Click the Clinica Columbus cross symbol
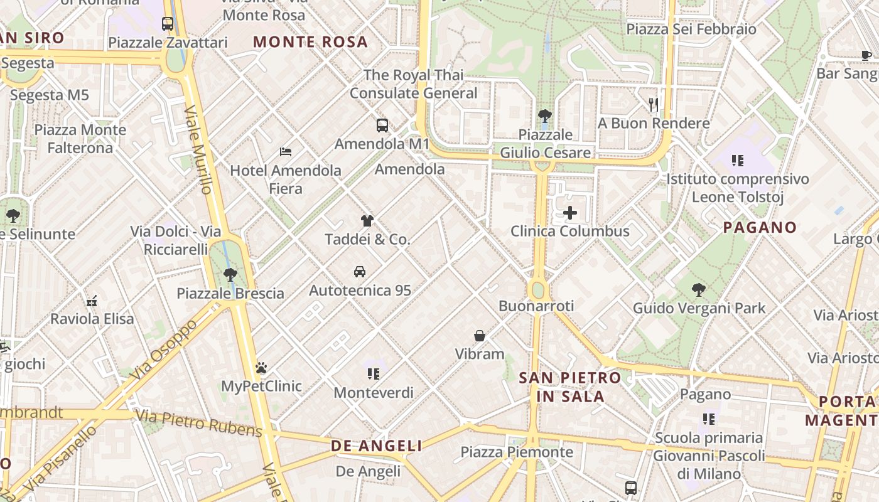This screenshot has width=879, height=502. (x=570, y=213)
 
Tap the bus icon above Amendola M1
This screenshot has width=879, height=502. (x=382, y=125)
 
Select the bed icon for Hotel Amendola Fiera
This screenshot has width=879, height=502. (x=286, y=152)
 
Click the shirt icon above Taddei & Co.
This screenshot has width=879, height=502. (x=367, y=221)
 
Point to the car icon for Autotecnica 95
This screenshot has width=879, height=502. (x=360, y=272)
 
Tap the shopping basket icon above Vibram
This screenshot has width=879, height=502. (x=480, y=336)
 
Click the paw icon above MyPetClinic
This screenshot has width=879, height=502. (x=261, y=368)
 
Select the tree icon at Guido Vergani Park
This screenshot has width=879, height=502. (x=698, y=290)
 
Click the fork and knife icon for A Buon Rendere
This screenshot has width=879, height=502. (x=654, y=105)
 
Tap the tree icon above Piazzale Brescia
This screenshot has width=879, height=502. (x=230, y=275)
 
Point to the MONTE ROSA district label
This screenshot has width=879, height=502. (x=310, y=42)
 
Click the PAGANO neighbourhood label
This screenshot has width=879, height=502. (x=760, y=227)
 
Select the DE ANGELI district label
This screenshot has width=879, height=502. (x=377, y=446)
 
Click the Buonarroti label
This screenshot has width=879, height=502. (x=536, y=306)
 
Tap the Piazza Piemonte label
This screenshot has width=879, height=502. (x=517, y=452)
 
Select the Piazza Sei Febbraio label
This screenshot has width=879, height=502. (x=691, y=29)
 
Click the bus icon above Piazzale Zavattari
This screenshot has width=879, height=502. (x=168, y=24)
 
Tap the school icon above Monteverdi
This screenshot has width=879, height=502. (x=374, y=374)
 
